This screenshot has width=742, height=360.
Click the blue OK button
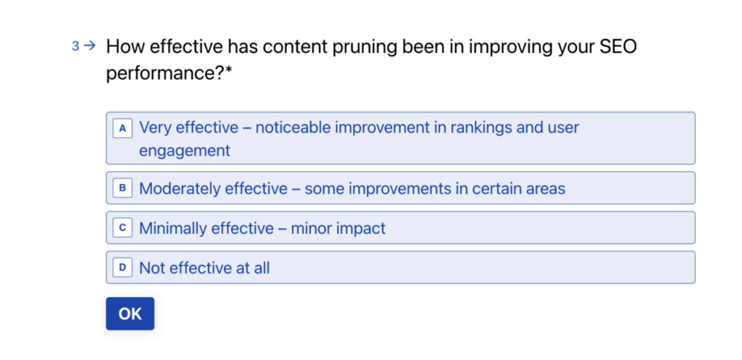130,314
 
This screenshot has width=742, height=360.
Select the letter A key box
122,128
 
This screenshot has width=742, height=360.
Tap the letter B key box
122,188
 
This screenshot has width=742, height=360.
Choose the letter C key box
122,228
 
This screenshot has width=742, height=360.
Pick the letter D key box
122,268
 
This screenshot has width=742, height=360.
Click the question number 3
75,46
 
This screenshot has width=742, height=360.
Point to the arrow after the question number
89,46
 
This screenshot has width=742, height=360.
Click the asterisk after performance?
228,70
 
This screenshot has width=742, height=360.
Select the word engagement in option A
185,151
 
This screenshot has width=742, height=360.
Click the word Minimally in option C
172,228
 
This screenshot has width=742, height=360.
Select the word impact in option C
361,229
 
